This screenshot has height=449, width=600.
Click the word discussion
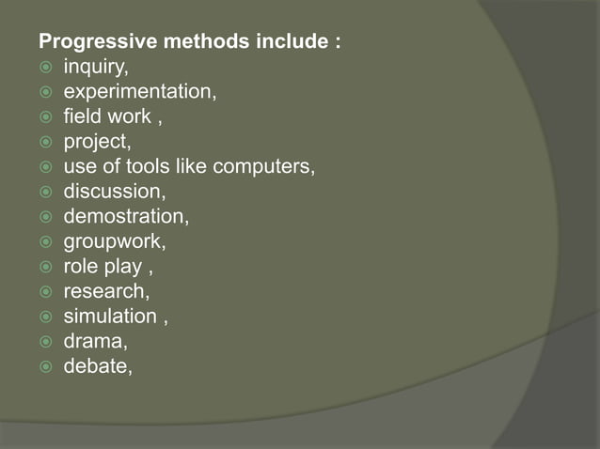coord(113,193)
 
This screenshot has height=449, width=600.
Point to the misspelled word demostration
coord(125,217)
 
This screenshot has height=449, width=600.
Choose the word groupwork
coord(114,241)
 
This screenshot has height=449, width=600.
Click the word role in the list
coord(81,266)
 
